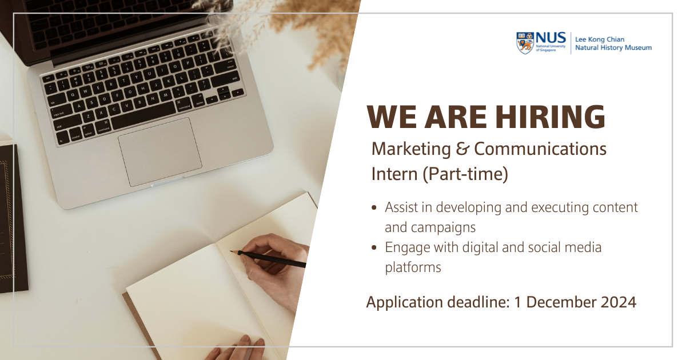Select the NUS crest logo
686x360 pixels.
[x=525, y=43]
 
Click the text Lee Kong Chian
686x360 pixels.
[x=600, y=39]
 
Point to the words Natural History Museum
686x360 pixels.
[x=613, y=48]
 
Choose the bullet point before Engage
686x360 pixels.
[x=374, y=248]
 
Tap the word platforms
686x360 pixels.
[x=413, y=267]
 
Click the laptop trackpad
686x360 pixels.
[x=160, y=152]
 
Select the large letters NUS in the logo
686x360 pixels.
[x=550, y=38]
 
